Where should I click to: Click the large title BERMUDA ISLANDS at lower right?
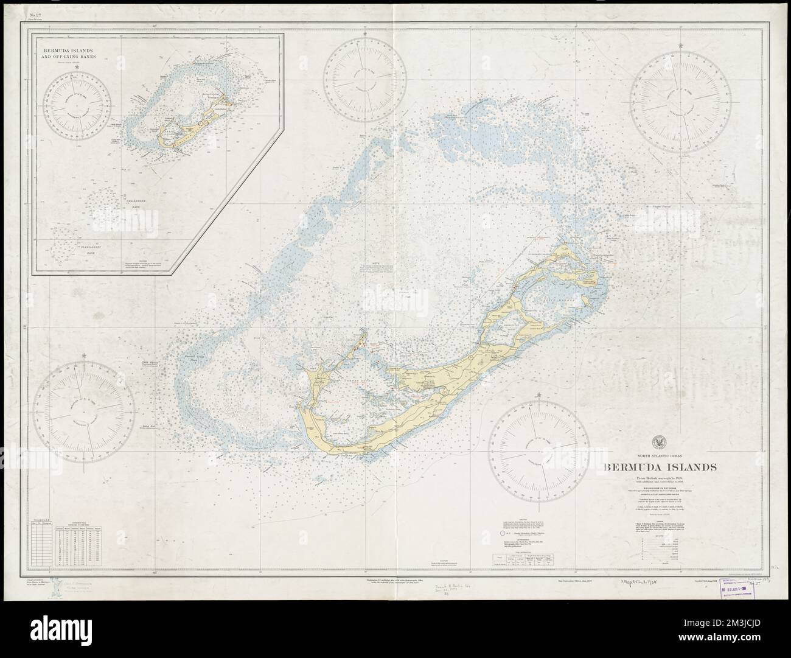pyautogui.click(x=660, y=467)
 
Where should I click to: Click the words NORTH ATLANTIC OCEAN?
pyautogui.click(x=660, y=455)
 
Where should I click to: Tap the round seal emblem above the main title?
pyautogui.click(x=660, y=443)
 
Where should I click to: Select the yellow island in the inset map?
pyautogui.click(x=183, y=130)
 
